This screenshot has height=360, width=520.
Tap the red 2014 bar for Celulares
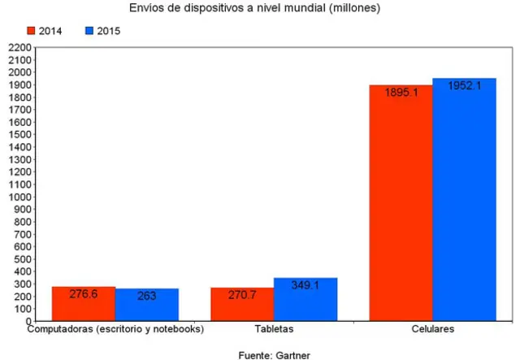coord(401,203)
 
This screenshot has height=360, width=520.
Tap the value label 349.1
coord(305,285)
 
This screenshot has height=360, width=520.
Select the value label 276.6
coord(83,294)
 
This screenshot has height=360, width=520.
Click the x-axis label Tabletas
coord(273,329)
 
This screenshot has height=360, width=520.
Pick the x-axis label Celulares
coord(432,329)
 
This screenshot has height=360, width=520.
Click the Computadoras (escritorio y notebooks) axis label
coord(115,329)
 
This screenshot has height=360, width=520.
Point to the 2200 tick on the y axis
coord(19,48)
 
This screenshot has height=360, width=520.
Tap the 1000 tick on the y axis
coord(19,197)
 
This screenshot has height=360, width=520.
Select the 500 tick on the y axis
coord(21,259)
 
